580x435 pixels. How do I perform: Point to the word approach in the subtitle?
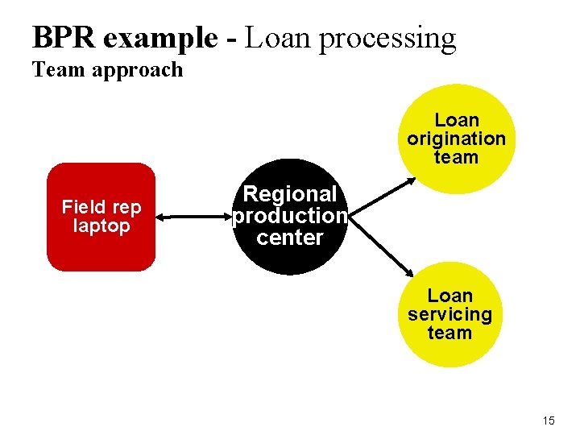[138, 71]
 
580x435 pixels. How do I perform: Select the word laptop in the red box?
[101, 226]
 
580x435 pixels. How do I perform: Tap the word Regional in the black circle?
[290, 194]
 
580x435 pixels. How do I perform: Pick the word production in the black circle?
[290, 216]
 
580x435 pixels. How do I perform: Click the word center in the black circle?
[290, 238]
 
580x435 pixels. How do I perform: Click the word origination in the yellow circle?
[457, 139]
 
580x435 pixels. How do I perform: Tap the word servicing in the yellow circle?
[449, 314]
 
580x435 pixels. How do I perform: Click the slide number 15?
[549, 421]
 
